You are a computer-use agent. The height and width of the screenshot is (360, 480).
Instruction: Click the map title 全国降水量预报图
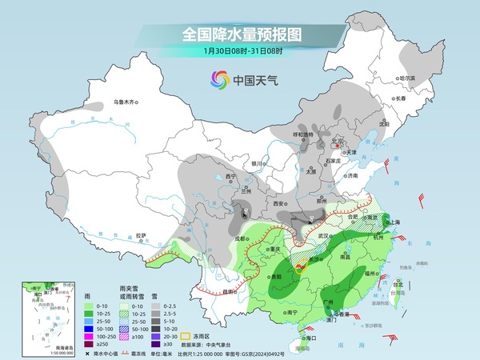pos(239,34)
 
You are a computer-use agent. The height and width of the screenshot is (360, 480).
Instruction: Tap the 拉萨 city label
pos(141,235)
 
